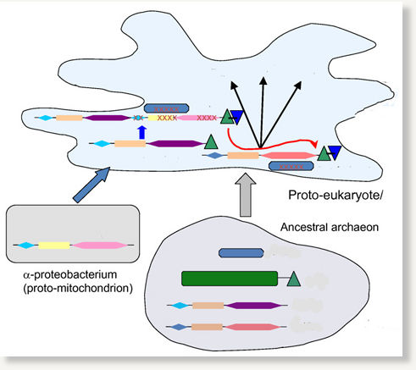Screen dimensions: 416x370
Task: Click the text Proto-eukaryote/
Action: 336,196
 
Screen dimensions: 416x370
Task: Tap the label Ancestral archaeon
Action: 330,227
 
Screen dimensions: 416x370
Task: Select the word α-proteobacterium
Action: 70,274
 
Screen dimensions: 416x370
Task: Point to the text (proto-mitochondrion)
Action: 78,288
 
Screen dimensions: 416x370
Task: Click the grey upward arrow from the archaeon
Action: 246,195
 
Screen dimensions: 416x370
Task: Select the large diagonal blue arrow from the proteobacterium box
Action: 92,185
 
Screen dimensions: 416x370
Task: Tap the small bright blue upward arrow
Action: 142,132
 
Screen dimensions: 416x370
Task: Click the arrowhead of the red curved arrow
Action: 315,144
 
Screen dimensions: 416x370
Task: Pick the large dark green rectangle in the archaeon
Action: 230,279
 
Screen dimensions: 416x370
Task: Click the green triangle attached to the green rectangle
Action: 293,279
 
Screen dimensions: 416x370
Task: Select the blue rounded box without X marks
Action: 241,253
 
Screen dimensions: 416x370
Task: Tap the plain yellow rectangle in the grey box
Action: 54,246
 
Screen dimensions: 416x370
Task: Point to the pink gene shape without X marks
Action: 99,246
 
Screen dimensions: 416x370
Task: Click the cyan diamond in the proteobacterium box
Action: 26,246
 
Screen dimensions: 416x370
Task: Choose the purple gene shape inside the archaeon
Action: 253,306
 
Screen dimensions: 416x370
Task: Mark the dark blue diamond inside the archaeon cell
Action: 179,327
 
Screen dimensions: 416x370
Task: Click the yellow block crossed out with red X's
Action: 163,118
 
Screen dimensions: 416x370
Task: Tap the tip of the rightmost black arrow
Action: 301,82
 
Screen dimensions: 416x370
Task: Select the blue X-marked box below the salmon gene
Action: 291,166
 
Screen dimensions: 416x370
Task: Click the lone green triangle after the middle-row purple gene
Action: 211,142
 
